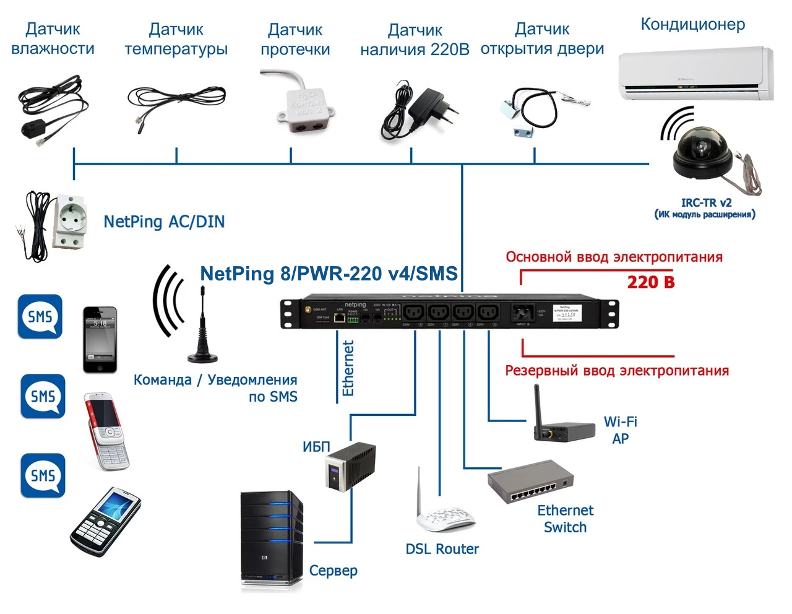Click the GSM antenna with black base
pyautogui.click(x=202, y=334)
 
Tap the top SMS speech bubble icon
pyautogui.click(x=40, y=316)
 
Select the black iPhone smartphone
pyautogui.click(x=100, y=339)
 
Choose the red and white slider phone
pyautogui.click(x=107, y=430)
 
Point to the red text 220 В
pyautogui.click(x=651, y=282)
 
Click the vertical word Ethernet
pyautogui.click(x=348, y=368)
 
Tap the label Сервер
pyautogui.click(x=333, y=571)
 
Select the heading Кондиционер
pyautogui.click(x=692, y=25)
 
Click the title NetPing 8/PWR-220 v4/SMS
pyautogui.click(x=329, y=274)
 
